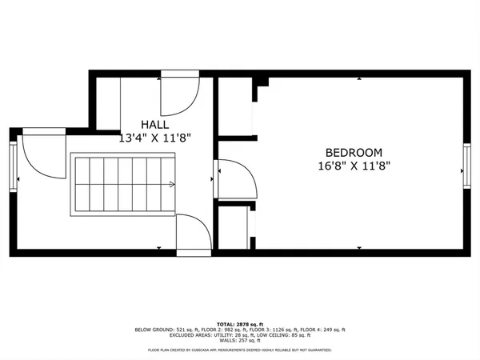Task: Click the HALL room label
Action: pos(154,125)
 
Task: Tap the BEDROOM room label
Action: pos(353,152)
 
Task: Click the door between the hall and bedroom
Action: pos(237,179)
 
